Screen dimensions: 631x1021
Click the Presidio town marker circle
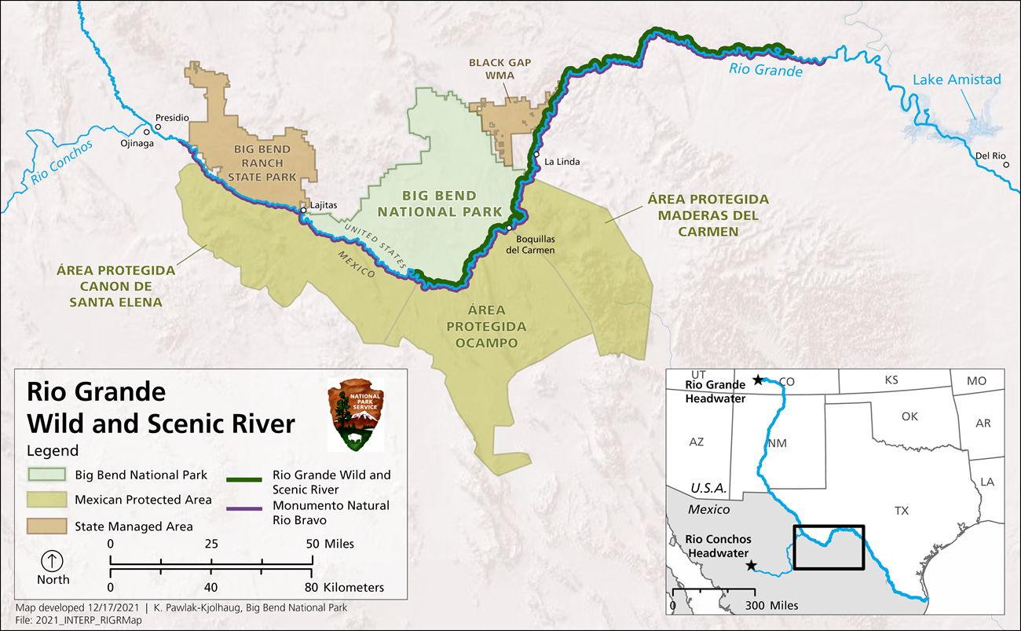click(x=158, y=127)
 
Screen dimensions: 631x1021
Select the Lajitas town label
click(x=323, y=205)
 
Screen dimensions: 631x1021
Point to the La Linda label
click(x=562, y=162)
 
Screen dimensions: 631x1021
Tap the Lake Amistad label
click(x=956, y=79)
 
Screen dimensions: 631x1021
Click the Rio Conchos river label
click(x=62, y=163)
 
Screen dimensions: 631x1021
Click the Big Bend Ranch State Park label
click(x=262, y=163)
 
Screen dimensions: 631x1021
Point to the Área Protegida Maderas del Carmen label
click(x=708, y=215)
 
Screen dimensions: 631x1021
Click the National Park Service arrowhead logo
click(x=356, y=416)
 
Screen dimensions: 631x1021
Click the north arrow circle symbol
click(x=53, y=561)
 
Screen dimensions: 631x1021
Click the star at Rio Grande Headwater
click(x=758, y=380)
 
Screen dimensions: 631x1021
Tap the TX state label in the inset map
click(x=901, y=511)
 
